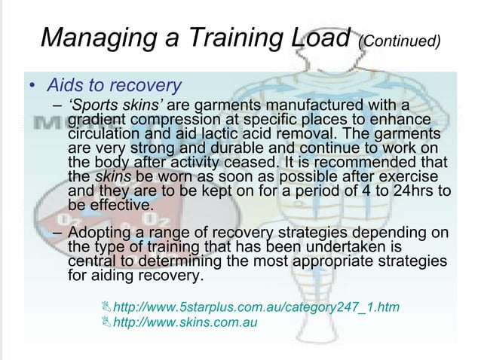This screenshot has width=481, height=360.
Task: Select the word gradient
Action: [x=96, y=121]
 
